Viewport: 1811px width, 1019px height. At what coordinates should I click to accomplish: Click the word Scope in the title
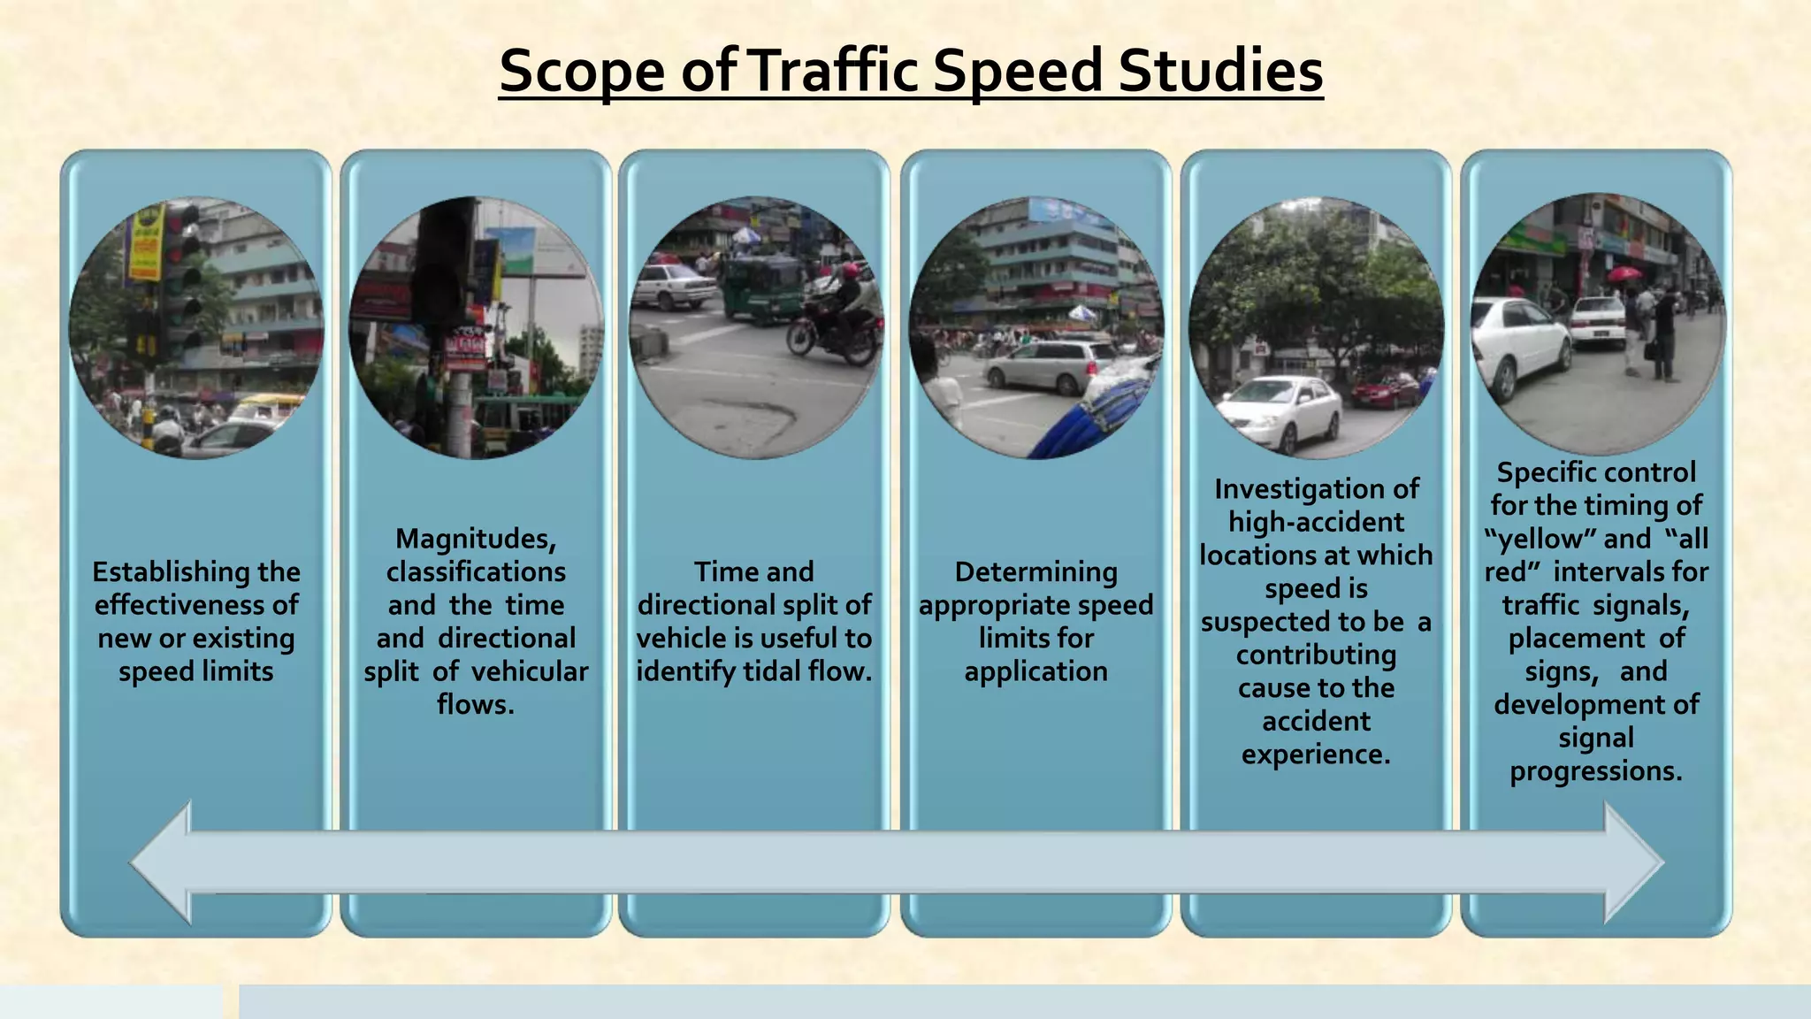[x=581, y=71]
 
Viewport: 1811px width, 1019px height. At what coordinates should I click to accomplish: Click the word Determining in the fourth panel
[x=1035, y=572]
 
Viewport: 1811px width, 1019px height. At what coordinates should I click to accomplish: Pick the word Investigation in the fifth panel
[x=1316, y=489]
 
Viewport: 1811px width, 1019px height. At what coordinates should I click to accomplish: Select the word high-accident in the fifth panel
[x=1316, y=522]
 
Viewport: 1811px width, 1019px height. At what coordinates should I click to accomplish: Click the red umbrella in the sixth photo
[x=1624, y=273]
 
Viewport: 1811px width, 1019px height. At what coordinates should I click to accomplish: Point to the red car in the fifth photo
[x=1386, y=390]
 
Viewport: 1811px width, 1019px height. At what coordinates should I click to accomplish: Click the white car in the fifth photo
[x=1282, y=412]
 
